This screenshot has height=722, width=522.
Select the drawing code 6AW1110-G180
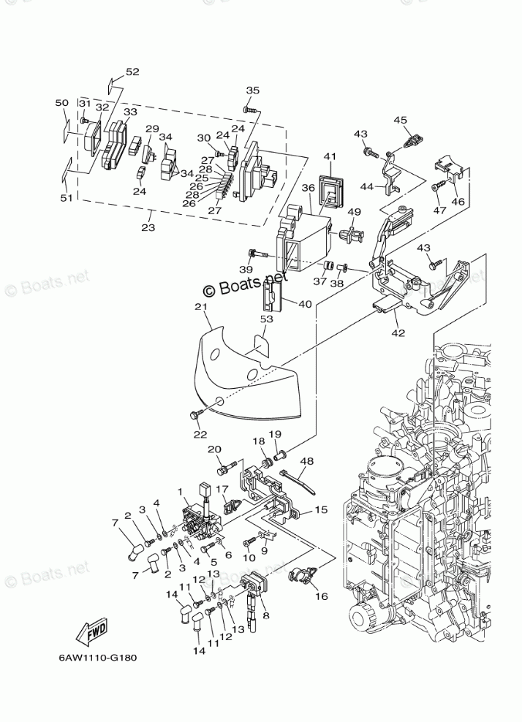point(98,658)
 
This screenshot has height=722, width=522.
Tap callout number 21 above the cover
point(201,307)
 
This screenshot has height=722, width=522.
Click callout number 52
point(132,72)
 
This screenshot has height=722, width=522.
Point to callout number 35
point(253,91)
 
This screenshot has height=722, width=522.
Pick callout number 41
point(330,156)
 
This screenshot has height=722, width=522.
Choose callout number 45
point(401,120)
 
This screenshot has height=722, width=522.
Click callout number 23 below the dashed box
point(148,227)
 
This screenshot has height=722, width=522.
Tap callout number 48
point(307,461)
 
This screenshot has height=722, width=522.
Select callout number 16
point(321,596)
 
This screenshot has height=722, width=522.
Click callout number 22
point(200,434)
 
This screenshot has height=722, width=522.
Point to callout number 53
point(267,319)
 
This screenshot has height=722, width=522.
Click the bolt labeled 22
point(196,415)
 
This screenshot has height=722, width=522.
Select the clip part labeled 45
point(413,140)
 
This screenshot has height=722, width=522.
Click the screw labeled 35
point(250,110)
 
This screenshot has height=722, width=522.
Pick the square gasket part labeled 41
point(332,190)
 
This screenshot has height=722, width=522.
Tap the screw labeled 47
point(439,186)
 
